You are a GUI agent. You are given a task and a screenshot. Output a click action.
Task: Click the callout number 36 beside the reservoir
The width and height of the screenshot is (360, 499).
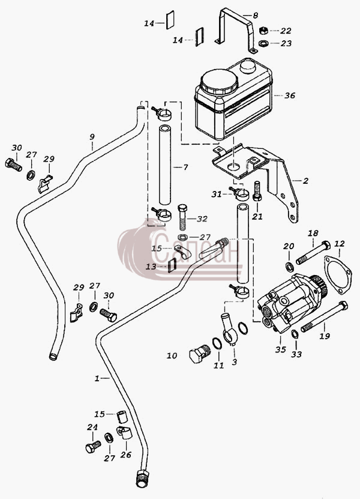tap(290, 95)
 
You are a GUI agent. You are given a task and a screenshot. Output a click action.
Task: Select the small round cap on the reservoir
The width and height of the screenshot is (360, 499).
tap(248, 67)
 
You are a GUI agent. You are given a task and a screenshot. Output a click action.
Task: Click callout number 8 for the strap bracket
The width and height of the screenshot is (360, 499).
tap(255, 15)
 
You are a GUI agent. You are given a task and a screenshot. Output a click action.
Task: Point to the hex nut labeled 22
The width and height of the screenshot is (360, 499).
tap(263, 31)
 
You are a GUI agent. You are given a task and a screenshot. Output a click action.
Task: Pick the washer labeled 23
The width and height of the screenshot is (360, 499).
tap(263, 43)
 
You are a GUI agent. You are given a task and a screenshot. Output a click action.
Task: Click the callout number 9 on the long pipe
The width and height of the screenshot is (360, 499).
tap(92, 137)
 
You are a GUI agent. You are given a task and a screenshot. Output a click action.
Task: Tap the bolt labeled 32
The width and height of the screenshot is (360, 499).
tap(183, 217)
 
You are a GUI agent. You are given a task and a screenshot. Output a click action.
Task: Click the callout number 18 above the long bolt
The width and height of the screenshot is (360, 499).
tap(313, 233)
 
